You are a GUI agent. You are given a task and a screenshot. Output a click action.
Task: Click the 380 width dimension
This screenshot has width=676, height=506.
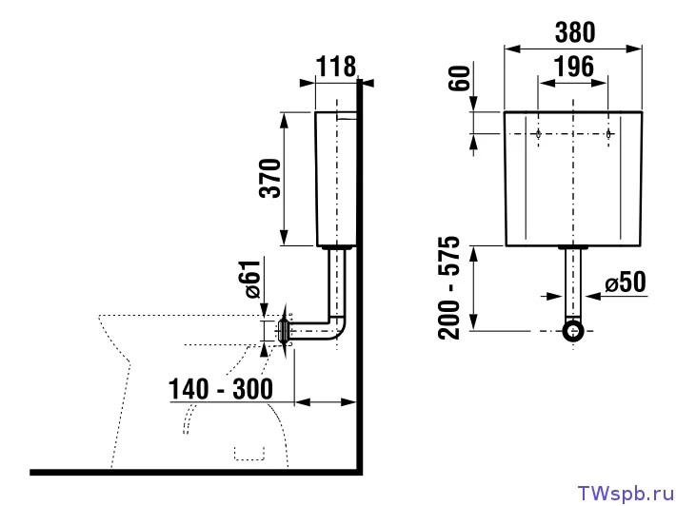click(x=575, y=32)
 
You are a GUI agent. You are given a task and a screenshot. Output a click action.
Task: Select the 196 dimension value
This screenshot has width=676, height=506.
click(x=573, y=67)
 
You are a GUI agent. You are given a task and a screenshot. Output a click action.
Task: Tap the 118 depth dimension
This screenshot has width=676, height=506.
click(x=336, y=67)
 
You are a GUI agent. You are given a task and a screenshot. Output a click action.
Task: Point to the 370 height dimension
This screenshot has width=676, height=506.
click(x=270, y=178)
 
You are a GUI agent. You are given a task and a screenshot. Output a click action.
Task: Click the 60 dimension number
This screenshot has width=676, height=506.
click(x=460, y=78)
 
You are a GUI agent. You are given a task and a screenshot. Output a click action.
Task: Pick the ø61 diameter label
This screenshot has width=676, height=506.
click(x=253, y=279)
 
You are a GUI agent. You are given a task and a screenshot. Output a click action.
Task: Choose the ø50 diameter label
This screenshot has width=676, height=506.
click(x=626, y=282)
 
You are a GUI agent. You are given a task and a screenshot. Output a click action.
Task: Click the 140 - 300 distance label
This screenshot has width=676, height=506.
click(x=220, y=389)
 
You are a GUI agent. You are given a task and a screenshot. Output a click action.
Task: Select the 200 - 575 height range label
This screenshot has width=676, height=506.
click(x=449, y=287)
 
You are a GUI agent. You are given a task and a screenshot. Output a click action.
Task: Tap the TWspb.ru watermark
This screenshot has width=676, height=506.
click(x=626, y=493)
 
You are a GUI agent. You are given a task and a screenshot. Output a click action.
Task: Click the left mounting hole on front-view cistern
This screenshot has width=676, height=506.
click(x=539, y=134)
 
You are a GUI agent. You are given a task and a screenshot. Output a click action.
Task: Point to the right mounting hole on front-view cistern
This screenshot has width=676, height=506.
click(x=608, y=134)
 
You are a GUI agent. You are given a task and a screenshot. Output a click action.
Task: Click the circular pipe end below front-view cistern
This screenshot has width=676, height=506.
click(x=573, y=331)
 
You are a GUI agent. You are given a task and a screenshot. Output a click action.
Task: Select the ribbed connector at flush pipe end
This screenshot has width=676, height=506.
click(x=284, y=331)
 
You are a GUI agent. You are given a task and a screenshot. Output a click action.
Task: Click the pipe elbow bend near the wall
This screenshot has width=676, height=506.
click(x=338, y=328)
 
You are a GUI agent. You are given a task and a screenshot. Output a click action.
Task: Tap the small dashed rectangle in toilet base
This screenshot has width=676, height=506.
click(x=249, y=454)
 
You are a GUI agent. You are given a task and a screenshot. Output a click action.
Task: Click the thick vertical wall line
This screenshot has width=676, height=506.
click(x=360, y=276)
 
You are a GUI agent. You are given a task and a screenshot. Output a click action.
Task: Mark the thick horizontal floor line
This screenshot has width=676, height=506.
click(x=196, y=473)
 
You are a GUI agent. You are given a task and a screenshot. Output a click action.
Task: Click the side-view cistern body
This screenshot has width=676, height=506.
click(x=336, y=179)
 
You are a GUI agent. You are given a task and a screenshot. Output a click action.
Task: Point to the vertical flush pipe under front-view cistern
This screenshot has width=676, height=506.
click(x=573, y=283)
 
